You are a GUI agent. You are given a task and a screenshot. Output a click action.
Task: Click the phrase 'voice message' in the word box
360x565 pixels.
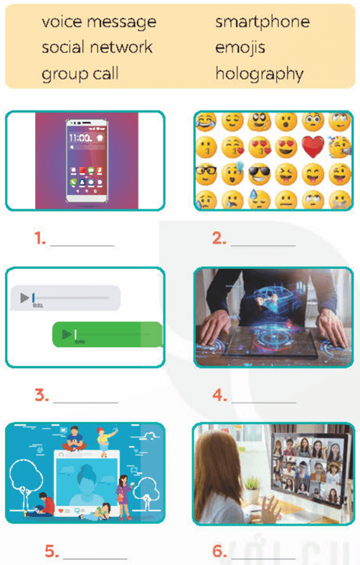[x=98, y=22]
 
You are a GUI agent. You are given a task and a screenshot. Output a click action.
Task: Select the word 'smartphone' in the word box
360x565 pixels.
[x=262, y=22]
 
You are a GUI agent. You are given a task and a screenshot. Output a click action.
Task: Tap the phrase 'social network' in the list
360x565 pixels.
[x=97, y=48]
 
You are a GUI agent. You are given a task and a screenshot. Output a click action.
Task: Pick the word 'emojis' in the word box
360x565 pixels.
[x=240, y=48]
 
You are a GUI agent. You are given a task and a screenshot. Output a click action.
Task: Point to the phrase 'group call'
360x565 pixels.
[x=80, y=73]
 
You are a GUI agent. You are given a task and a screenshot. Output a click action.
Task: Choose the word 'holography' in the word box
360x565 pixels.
[x=259, y=73]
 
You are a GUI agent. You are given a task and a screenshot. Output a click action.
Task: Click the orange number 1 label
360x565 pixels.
[x=41, y=239]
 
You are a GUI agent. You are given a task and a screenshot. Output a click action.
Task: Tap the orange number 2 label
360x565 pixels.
[x=219, y=239]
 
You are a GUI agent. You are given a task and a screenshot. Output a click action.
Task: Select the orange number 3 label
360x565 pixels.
[x=41, y=394]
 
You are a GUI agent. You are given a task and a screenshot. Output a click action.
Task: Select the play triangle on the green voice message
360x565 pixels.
[x=67, y=333]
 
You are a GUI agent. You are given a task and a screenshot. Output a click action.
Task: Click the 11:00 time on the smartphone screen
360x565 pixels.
[x=78, y=137]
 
